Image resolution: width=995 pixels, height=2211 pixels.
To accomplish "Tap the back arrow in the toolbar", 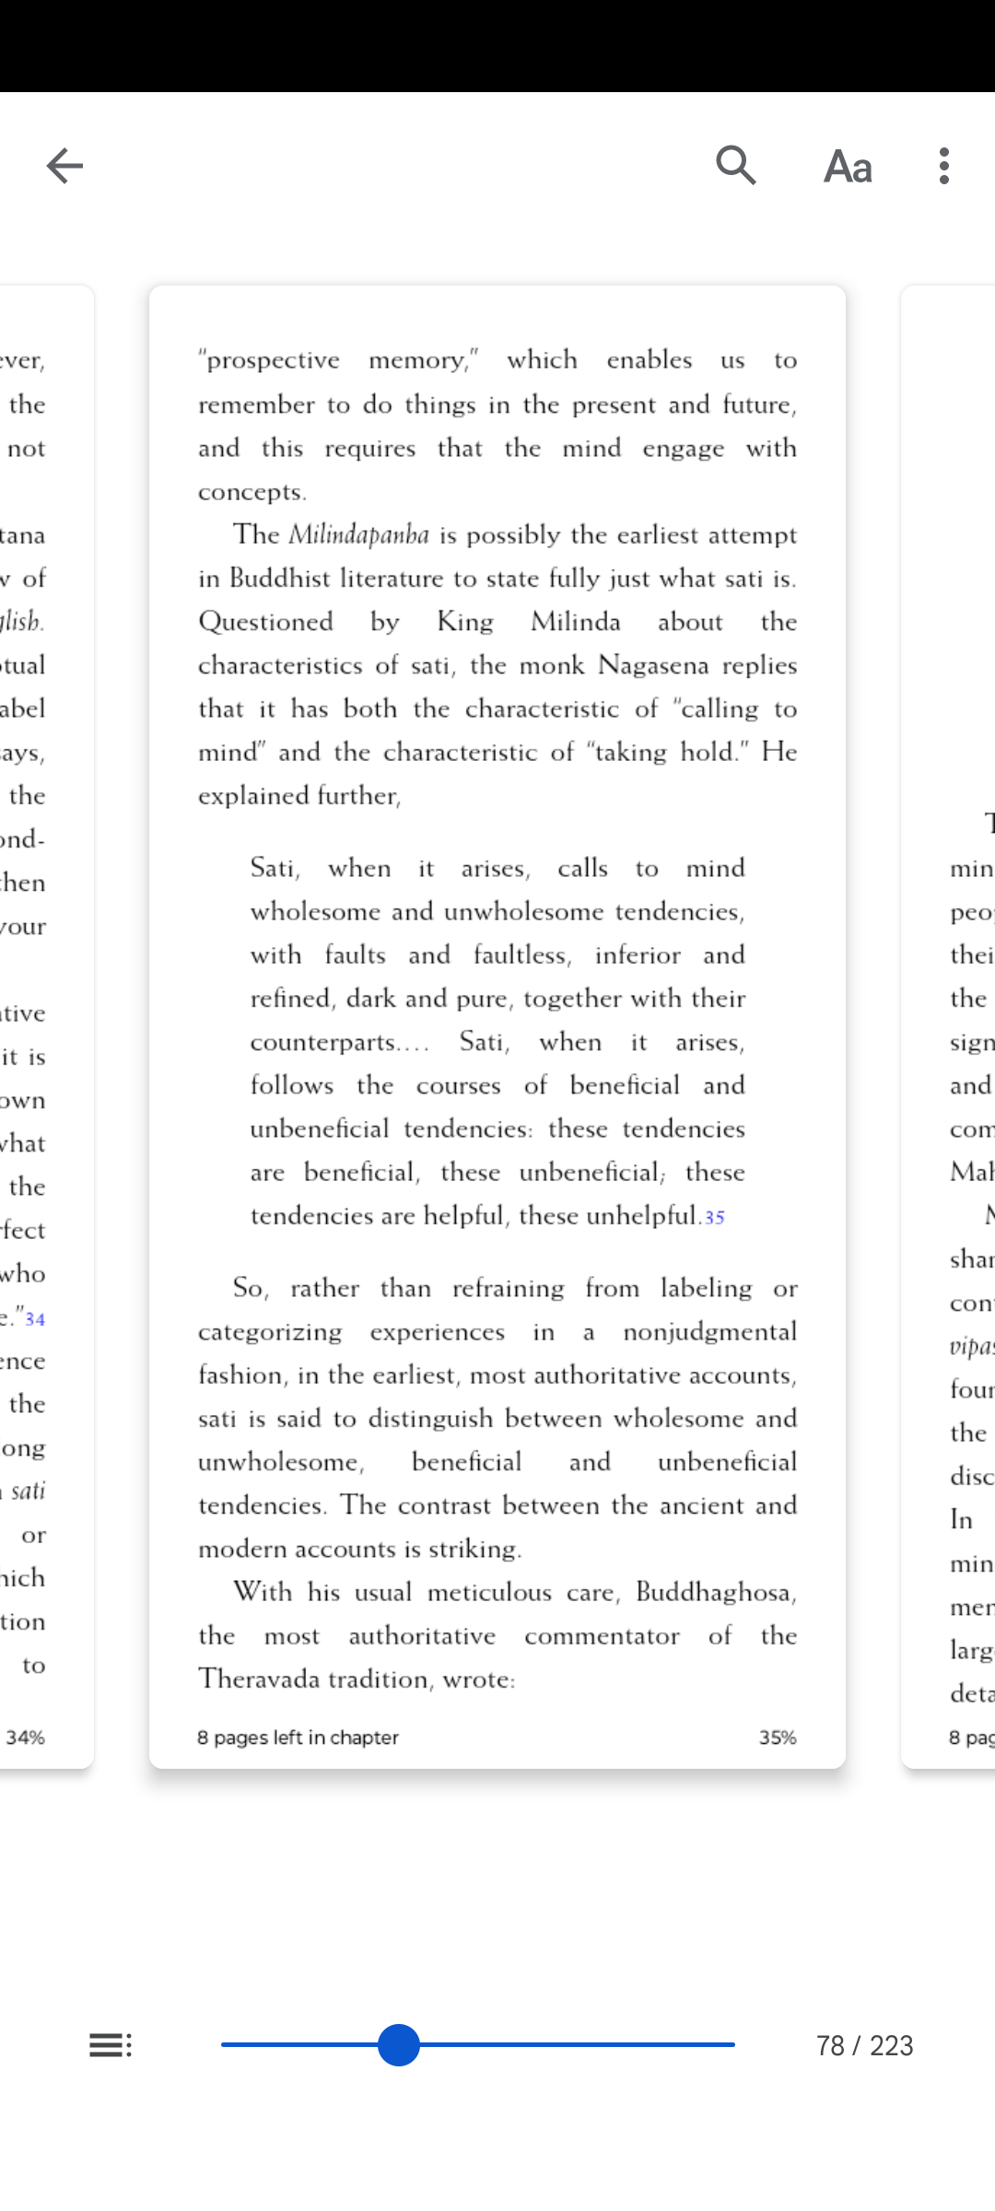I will [x=64, y=166].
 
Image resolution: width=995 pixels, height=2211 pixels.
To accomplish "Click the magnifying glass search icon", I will [x=736, y=166].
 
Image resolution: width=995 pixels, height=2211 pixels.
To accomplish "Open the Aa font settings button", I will [x=848, y=167].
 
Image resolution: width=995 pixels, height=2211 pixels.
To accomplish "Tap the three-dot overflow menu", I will [x=944, y=166].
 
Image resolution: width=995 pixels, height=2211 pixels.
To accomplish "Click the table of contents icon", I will [x=111, y=2045].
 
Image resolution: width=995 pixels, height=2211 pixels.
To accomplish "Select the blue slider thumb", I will [x=399, y=2045].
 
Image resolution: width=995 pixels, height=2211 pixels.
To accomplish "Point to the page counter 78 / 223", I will [x=864, y=2045].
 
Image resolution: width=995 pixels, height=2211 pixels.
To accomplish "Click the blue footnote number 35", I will [x=715, y=1218].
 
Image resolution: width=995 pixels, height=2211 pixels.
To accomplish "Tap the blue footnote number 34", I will [x=35, y=1319].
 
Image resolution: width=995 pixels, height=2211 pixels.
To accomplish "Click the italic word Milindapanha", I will [x=358, y=535].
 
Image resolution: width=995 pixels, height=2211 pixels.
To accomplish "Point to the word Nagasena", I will [x=653, y=665].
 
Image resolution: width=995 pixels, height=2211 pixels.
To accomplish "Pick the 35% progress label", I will [x=778, y=1737].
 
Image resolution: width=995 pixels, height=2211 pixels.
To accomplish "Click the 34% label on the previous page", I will [x=26, y=1737].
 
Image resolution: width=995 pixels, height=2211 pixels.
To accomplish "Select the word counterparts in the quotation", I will [x=323, y=1043].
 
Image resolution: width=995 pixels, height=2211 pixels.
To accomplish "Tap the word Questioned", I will [x=265, y=622].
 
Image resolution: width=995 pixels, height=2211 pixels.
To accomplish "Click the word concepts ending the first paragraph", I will [x=250, y=492].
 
